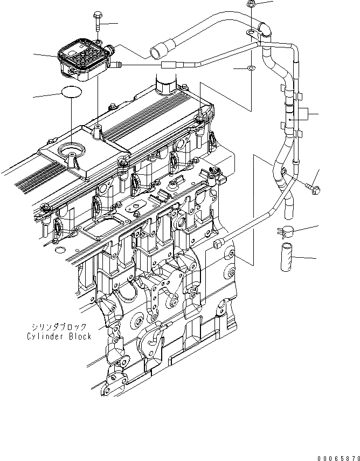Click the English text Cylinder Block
(x=59, y=336)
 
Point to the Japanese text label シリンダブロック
(x=59, y=327)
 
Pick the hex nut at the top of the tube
(x=253, y=4)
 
